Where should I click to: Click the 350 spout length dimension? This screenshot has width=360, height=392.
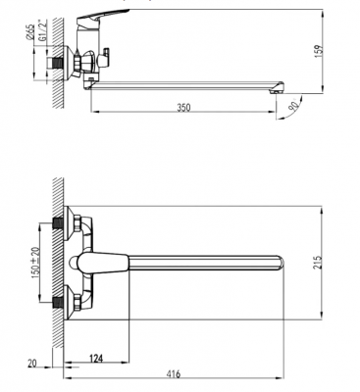(x=183, y=108)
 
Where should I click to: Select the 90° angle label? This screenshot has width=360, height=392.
(x=294, y=104)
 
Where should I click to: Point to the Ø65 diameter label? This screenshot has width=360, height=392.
(x=30, y=32)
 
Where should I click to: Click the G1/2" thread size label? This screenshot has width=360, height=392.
(x=41, y=30)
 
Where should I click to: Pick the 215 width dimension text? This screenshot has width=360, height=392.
(x=320, y=263)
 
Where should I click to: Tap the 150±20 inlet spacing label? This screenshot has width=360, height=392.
(x=35, y=261)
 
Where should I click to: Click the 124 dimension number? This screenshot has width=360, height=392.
(x=96, y=359)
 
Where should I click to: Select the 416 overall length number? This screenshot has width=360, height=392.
(x=173, y=374)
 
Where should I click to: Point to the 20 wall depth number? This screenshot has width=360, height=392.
(x=32, y=364)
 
